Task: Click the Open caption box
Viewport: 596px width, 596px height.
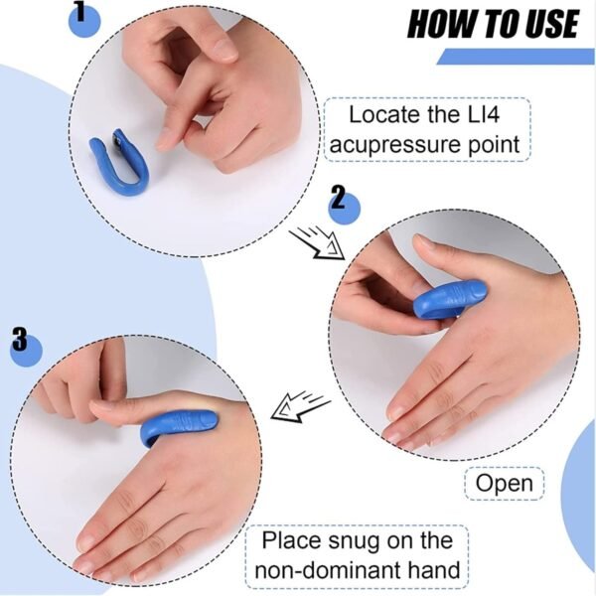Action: (x=504, y=484)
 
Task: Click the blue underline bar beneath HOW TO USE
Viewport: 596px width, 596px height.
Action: (x=516, y=57)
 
